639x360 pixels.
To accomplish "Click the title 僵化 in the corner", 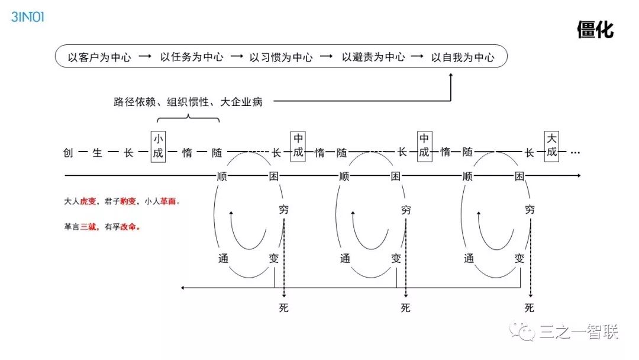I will click(595, 30).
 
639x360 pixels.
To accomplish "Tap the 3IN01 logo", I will click(28, 17).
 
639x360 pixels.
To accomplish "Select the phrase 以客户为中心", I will click(99, 57).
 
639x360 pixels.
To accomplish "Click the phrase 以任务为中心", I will click(192, 57).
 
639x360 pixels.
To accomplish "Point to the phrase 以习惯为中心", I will click(281, 57).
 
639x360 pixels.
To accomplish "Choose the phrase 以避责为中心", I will click(373, 57).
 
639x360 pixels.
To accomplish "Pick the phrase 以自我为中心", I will click(462, 57).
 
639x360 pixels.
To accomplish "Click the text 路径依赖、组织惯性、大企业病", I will click(188, 102).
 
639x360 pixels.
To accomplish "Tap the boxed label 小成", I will click(158, 146).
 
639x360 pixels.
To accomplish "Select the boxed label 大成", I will click(551, 146).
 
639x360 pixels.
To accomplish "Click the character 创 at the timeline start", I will click(68, 153).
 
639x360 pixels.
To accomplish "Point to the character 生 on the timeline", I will click(98, 153).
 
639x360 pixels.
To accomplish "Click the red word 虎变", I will click(88, 201).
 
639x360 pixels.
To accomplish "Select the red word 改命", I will click(128, 227).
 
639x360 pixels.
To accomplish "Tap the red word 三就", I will click(88, 227).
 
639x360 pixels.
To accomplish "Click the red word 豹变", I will click(128, 201).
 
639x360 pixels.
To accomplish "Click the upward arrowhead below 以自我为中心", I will click(451, 76).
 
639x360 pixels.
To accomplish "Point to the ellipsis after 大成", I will click(575, 153).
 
